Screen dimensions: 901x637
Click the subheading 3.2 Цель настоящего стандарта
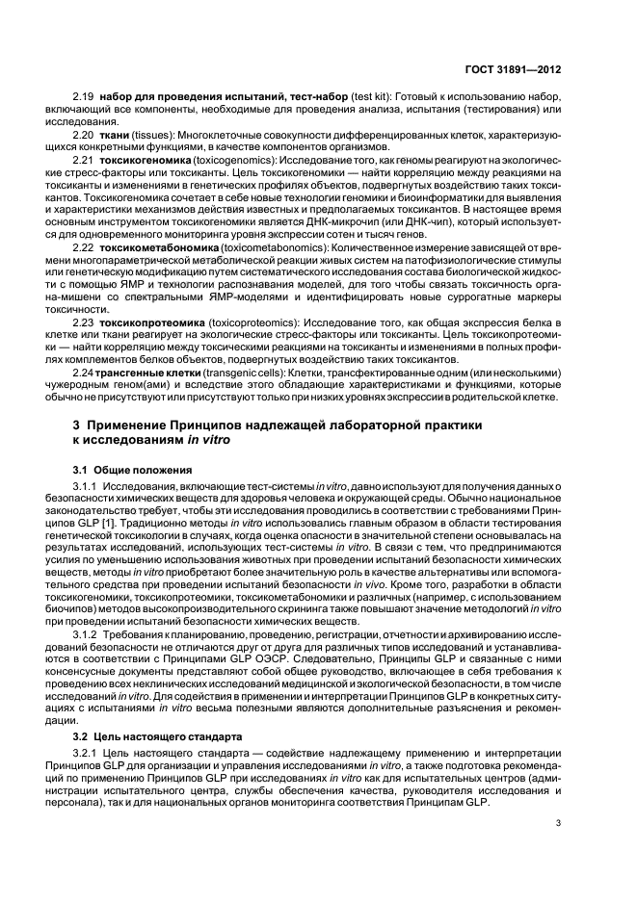pyautogui.click(x=148, y=735)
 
